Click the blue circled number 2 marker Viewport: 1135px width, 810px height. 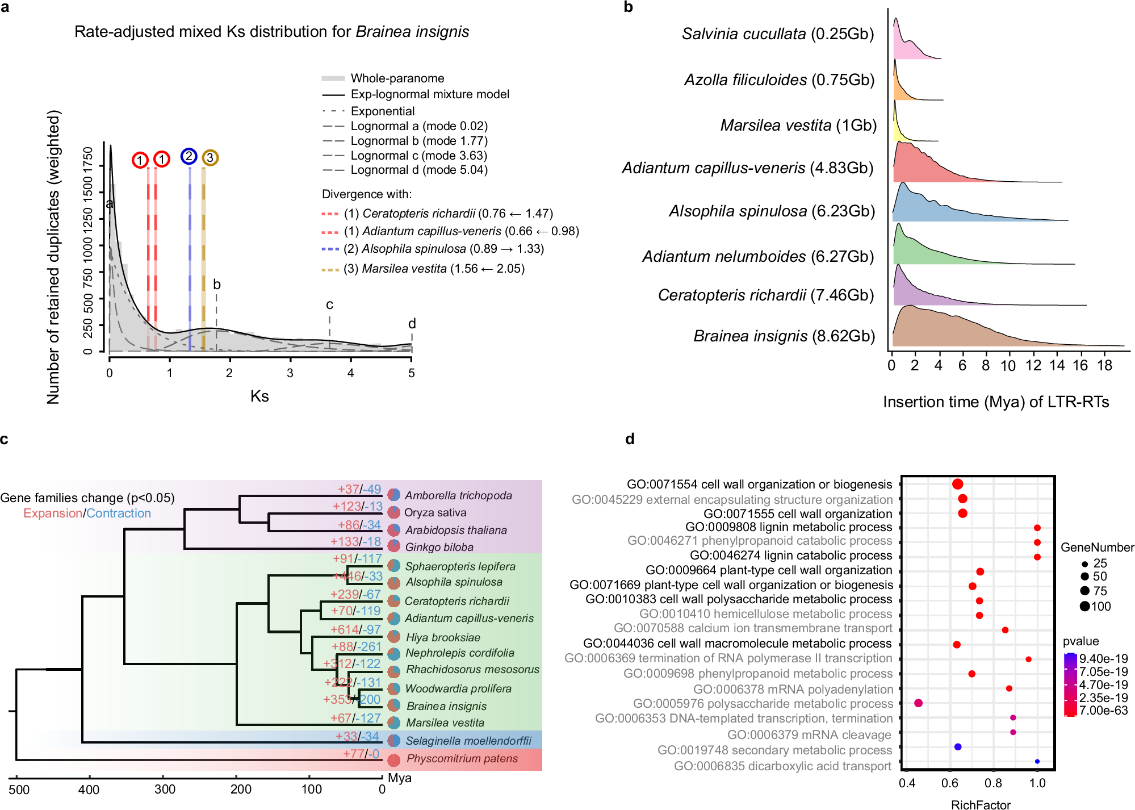(x=189, y=156)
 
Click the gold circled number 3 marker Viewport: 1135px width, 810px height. (x=210, y=157)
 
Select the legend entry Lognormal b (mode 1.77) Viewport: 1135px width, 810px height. (x=418, y=141)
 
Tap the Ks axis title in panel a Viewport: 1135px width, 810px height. (x=259, y=396)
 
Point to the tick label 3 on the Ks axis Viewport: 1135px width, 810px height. (x=290, y=373)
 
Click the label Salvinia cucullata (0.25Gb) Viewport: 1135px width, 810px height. (x=777, y=34)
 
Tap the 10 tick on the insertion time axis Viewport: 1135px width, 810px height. (x=1008, y=366)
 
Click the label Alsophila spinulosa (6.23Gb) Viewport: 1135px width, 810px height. (x=772, y=211)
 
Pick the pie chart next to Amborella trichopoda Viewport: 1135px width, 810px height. (x=394, y=495)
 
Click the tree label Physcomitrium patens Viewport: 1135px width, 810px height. (x=462, y=759)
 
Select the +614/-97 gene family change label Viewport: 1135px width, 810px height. (x=355, y=629)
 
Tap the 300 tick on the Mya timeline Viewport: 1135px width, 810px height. (x=165, y=789)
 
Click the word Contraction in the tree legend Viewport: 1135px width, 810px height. (x=119, y=513)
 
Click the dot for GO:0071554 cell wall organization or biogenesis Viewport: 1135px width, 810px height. (x=957, y=484)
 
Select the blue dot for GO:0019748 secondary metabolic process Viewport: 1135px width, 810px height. (x=958, y=747)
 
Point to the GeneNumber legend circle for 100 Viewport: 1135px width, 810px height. (x=1084, y=606)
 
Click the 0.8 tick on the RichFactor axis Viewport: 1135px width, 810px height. (x=994, y=783)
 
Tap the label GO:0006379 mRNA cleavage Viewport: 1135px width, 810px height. (x=809, y=735)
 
